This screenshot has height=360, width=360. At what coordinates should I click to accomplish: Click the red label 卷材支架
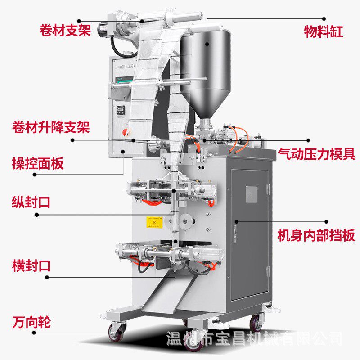pyautogui.click(x=65, y=31)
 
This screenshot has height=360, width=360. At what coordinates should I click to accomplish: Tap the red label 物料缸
pyautogui.click(x=324, y=32)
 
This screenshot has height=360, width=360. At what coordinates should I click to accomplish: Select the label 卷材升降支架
pyautogui.click(x=51, y=127)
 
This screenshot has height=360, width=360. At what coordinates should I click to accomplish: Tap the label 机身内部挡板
pyautogui.click(x=316, y=235)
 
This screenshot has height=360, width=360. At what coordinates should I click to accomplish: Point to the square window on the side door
pyautogui.click(x=251, y=194)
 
